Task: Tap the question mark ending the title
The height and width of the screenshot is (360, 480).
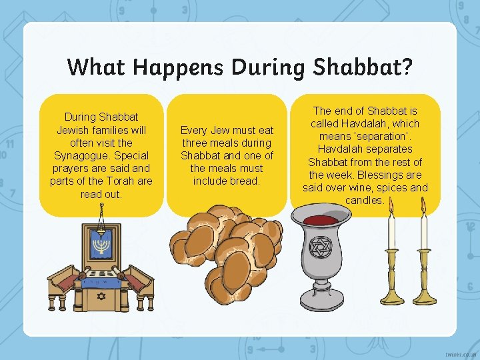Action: click(x=407, y=67)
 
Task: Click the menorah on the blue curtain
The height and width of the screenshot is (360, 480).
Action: click(x=101, y=247)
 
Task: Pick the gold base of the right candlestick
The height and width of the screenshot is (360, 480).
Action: click(x=424, y=296)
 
